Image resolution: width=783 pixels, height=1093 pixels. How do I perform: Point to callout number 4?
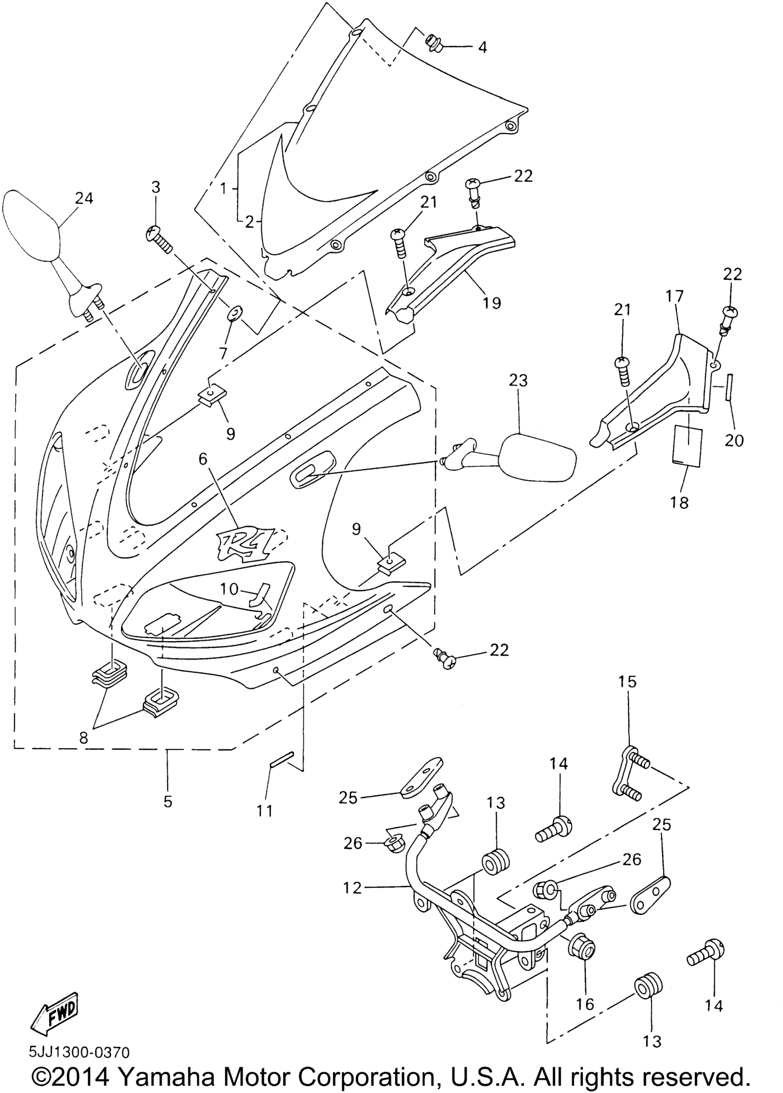tap(482, 47)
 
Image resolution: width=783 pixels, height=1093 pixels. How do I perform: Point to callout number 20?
tap(734, 440)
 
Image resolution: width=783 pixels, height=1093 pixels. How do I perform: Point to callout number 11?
tap(265, 811)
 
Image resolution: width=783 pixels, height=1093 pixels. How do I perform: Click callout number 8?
tap(84, 738)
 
